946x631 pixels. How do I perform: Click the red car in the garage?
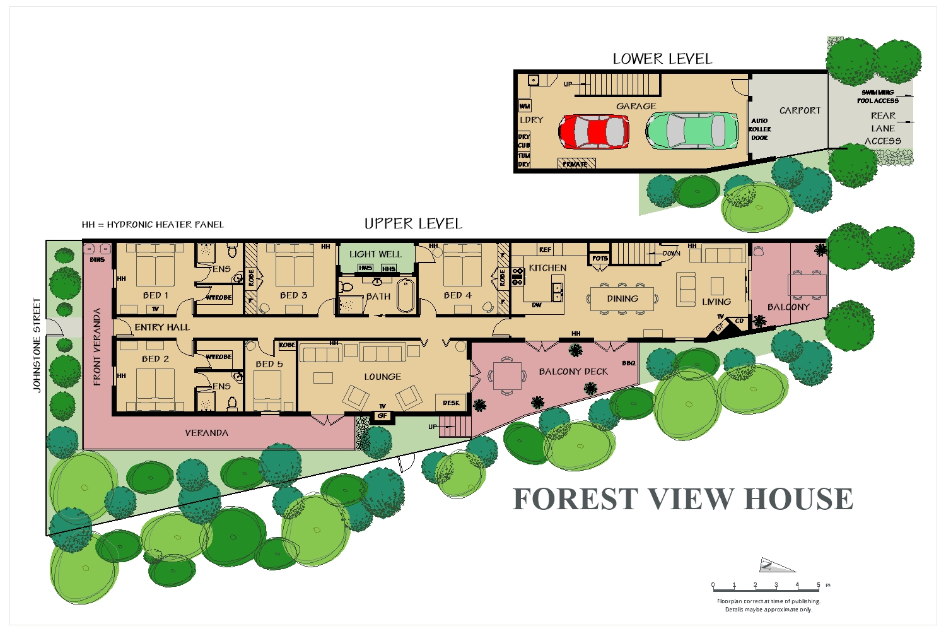[x=593, y=131]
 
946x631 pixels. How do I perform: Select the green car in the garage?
[x=692, y=131]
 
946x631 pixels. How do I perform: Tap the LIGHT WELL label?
[x=375, y=254]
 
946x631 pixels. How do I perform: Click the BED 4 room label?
[x=457, y=295]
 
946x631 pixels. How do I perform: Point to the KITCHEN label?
[x=547, y=268]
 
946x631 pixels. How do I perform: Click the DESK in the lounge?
[x=451, y=403]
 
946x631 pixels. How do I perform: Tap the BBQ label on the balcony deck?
[x=628, y=363]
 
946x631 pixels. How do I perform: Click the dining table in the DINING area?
[x=622, y=298]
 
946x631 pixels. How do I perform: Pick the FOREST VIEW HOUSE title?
[x=683, y=499]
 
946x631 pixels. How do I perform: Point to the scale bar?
[x=766, y=589]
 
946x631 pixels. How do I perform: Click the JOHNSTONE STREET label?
[x=37, y=345]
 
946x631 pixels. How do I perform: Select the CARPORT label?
[x=800, y=110]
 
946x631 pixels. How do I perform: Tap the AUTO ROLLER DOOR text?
[x=760, y=129]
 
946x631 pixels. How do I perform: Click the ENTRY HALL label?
[x=162, y=327]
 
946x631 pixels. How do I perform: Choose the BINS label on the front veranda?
[x=97, y=259]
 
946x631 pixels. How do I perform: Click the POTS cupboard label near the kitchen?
[x=600, y=258]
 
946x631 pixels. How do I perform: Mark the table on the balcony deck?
[x=507, y=375]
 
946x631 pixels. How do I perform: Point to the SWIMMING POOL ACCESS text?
[x=877, y=97]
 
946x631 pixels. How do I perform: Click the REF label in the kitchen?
[x=545, y=250]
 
